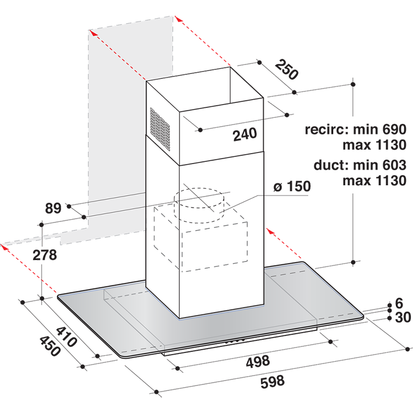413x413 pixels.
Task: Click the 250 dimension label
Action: pyautogui.click(x=286, y=70)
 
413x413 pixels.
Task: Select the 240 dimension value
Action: pyautogui.click(x=244, y=134)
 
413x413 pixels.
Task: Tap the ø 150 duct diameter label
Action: pyautogui.click(x=292, y=186)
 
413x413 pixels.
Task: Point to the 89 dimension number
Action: pyautogui.click(x=53, y=208)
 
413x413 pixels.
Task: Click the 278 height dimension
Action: pyautogui.click(x=45, y=255)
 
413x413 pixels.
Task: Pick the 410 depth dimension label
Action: pyautogui.click(x=67, y=336)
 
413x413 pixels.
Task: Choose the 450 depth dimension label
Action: pyautogui.click(x=50, y=346)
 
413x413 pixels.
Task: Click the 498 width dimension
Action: pyautogui.click(x=258, y=361)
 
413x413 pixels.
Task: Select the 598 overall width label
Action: pyautogui.click(x=273, y=382)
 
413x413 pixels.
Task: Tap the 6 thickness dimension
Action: pyautogui.click(x=399, y=303)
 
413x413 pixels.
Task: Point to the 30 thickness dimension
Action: pyautogui.click(x=403, y=317)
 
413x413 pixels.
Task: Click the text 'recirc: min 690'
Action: pyautogui.click(x=356, y=129)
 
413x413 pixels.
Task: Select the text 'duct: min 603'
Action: pyautogui.click(x=360, y=165)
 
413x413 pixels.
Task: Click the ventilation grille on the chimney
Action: pyautogui.click(x=160, y=129)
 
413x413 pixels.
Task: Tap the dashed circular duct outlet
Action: pyautogui.click(x=199, y=205)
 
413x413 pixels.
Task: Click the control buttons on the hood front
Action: pyautogui.click(x=235, y=341)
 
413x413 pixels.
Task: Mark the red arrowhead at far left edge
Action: pyautogui.click(x=4, y=247)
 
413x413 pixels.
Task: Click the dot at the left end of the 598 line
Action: pyautogui.click(x=156, y=392)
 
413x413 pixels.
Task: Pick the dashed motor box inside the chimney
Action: pyautogui.click(x=200, y=238)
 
